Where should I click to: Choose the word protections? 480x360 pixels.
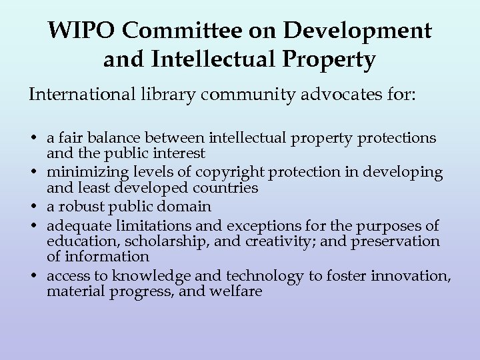click(397, 138)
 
